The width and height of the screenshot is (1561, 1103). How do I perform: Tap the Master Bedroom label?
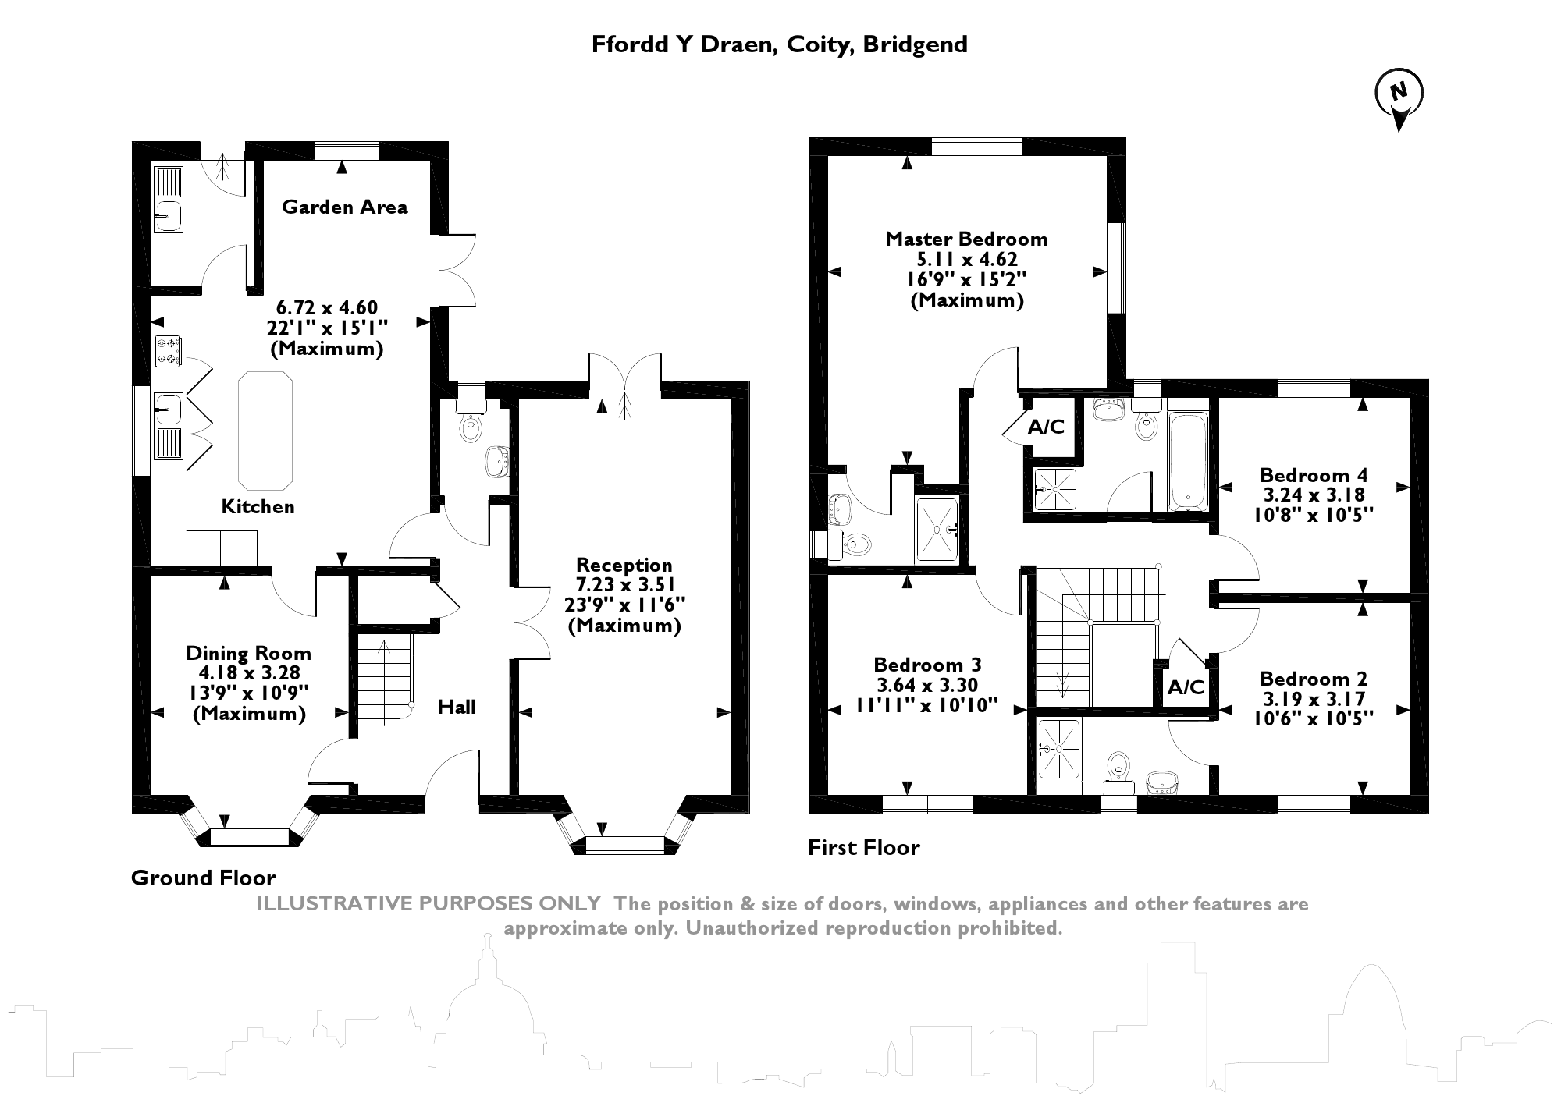click(966, 239)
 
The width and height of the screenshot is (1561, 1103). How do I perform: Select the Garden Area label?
click(344, 207)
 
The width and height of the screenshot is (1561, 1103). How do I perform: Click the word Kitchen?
click(258, 507)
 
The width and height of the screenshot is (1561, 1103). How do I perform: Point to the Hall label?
click(457, 708)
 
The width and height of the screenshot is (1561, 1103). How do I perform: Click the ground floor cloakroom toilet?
click(471, 427)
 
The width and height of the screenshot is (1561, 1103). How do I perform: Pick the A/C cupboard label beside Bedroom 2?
click(1186, 687)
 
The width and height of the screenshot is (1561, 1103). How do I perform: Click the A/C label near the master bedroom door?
click(1046, 427)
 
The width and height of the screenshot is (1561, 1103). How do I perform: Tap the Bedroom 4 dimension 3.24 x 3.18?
click(1314, 495)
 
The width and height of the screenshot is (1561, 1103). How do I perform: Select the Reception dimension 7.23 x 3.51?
click(624, 585)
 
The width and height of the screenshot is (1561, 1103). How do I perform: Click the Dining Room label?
click(248, 653)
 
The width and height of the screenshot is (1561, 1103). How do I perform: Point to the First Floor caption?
click(863, 847)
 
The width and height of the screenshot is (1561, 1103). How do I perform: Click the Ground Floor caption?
click(203, 878)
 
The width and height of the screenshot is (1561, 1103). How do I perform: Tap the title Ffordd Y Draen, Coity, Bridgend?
click(779, 44)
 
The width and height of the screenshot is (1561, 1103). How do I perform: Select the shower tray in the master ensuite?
click(937, 528)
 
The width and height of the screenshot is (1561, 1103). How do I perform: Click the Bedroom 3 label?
click(927, 665)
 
